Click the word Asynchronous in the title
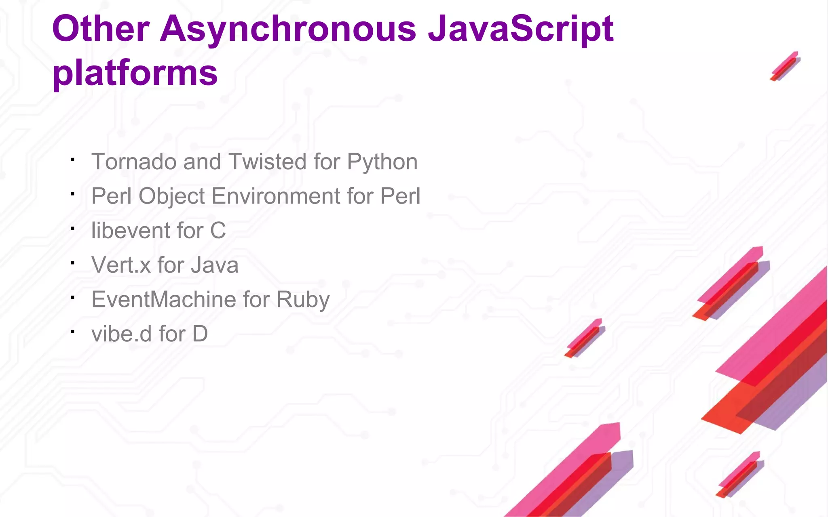(288, 29)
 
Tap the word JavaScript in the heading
(521, 29)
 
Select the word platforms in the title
(135, 73)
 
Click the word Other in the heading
(101, 29)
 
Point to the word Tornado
(134, 162)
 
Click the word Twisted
(267, 162)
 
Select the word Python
(382, 162)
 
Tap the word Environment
(276, 196)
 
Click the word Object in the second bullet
(171, 197)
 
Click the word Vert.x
(121, 265)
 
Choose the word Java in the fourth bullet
(214, 265)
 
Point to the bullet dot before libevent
(72, 229)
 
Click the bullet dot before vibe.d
(72, 332)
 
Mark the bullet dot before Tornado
(72, 160)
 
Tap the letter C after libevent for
(218, 231)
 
